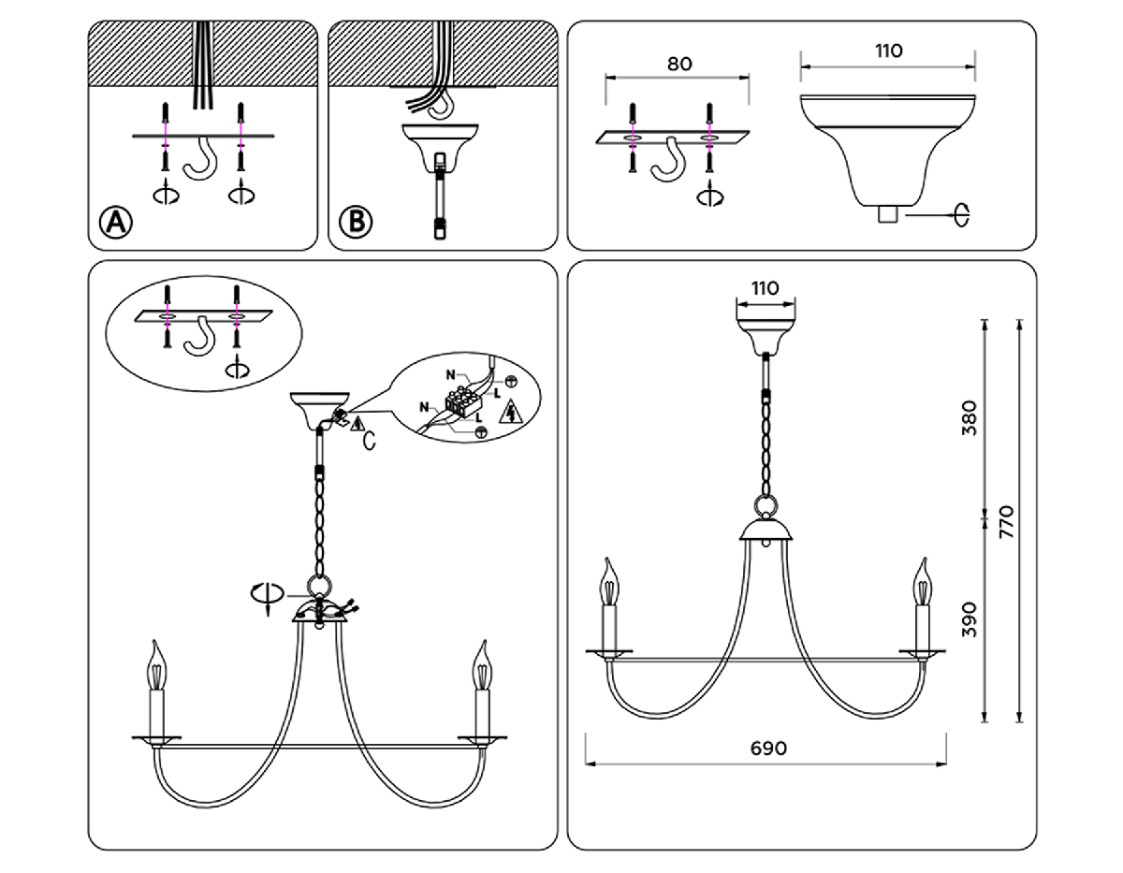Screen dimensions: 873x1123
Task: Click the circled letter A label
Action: click(x=117, y=222)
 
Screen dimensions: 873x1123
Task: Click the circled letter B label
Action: click(x=356, y=222)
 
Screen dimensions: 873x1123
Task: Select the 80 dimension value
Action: click(x=679, y=65)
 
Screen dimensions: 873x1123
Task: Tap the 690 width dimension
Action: click(x=767, y=749)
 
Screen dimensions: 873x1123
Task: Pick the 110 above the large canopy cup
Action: click(x=887, y=51)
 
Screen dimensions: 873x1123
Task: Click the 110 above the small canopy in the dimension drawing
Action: click(x=766, y=288)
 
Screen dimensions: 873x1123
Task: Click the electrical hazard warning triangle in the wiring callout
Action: click(x=510, y=414)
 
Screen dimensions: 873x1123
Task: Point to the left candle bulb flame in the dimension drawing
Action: click(x=611, y=582)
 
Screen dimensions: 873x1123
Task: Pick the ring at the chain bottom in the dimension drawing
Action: click(x=766, y=507)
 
